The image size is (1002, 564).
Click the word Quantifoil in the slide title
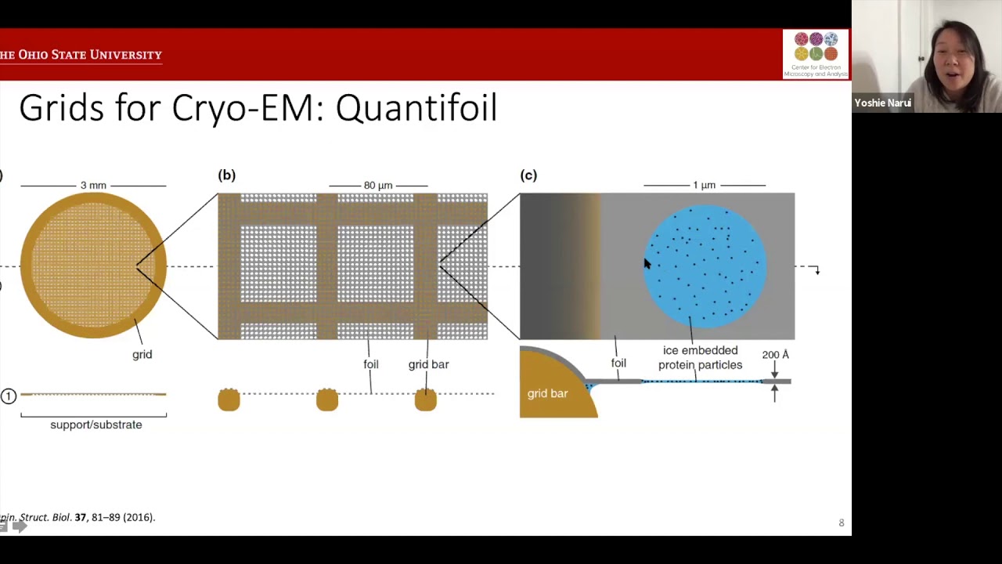click(416, 108)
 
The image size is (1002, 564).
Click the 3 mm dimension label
click(93, 186)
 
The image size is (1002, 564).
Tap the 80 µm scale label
click(377, 186)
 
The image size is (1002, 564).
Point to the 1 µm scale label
click(704, 186)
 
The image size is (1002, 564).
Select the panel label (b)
click(226, 175)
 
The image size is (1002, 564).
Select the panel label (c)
click(528, 175)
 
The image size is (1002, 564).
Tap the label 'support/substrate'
click(96, 425)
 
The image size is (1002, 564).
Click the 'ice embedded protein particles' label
click(700, 358)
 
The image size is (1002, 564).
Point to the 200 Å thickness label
click(775, 355)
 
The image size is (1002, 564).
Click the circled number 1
click(9, 396)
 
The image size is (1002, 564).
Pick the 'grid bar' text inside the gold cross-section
click(547, 393)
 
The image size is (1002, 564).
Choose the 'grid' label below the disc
click(142, 355)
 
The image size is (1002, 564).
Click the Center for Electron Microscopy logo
click(815, 54)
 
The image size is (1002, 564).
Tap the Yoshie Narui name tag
click(882, 103)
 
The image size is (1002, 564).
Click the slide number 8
click(842, 522)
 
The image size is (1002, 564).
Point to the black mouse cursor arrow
click(647, 265)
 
